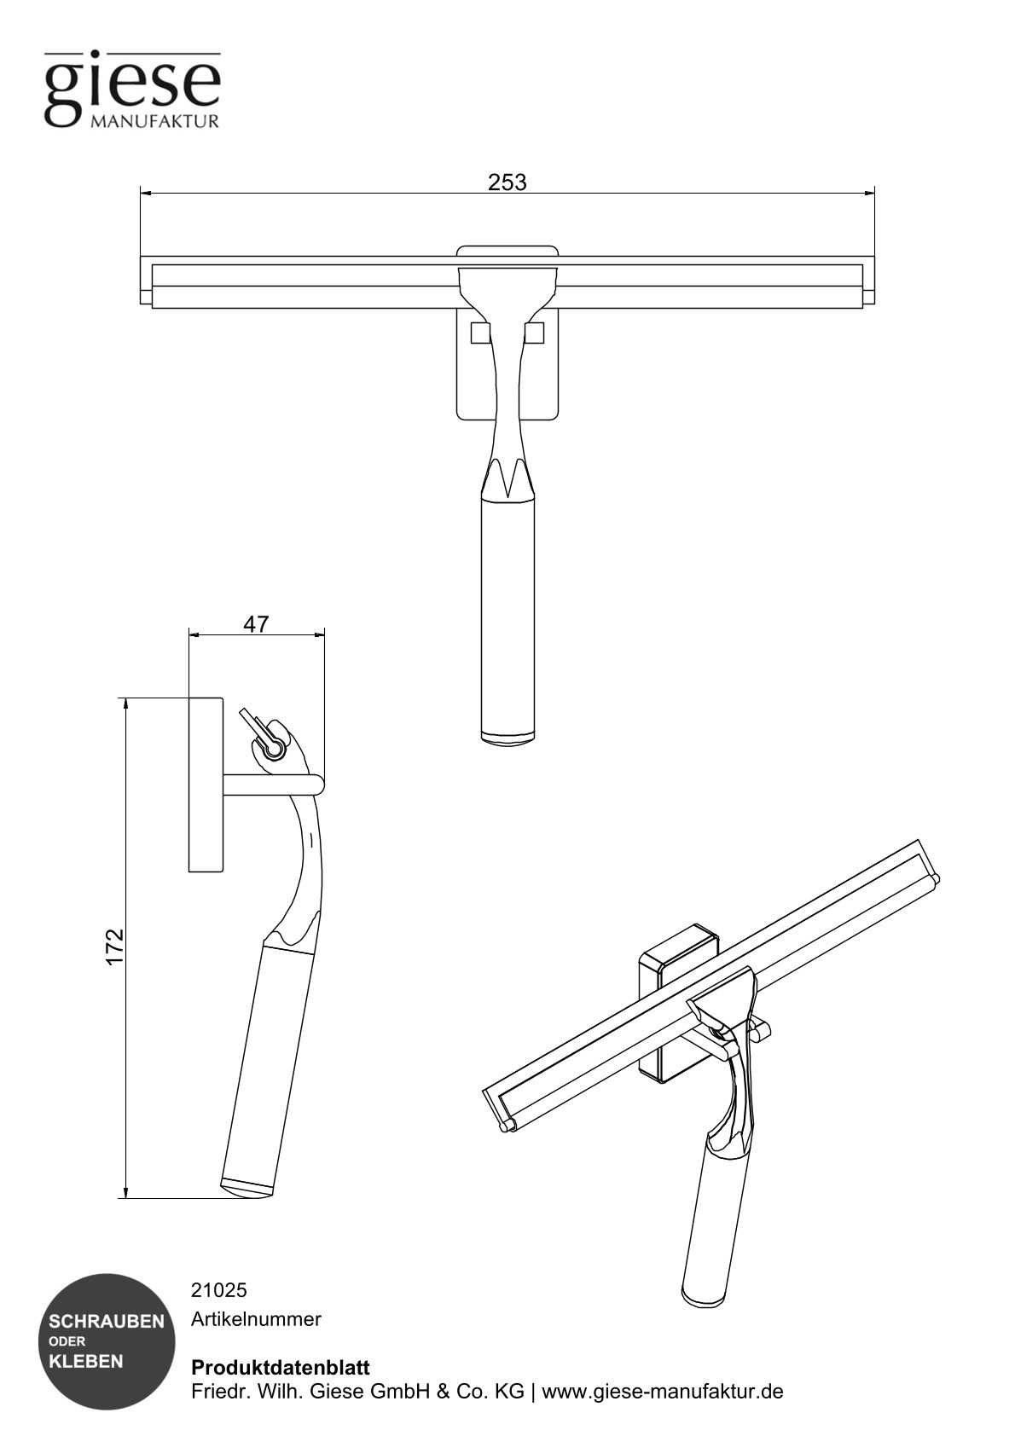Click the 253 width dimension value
click(x=507, y=182)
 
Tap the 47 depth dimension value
click(x=256, y=624)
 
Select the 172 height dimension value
click(x=115, y=947)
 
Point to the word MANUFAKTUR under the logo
click(x=154, y=121)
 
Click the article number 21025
click(x=218, y=1290)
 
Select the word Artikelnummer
click(x=256, y=1319)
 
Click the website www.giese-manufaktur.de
click(x=663, y=1392)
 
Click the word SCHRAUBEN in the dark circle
click(x=107, y=1322)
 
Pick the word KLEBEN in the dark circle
click(x=86, y=1361)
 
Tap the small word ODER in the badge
click(x=67, y=1341)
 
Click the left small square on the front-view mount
click(x=480, y=333)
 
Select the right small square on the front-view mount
click(x=535, y=333)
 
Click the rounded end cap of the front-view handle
click(x=508, y=734)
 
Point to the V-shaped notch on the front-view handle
click(x=508, y=478)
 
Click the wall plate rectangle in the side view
click(x=206, y=785)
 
